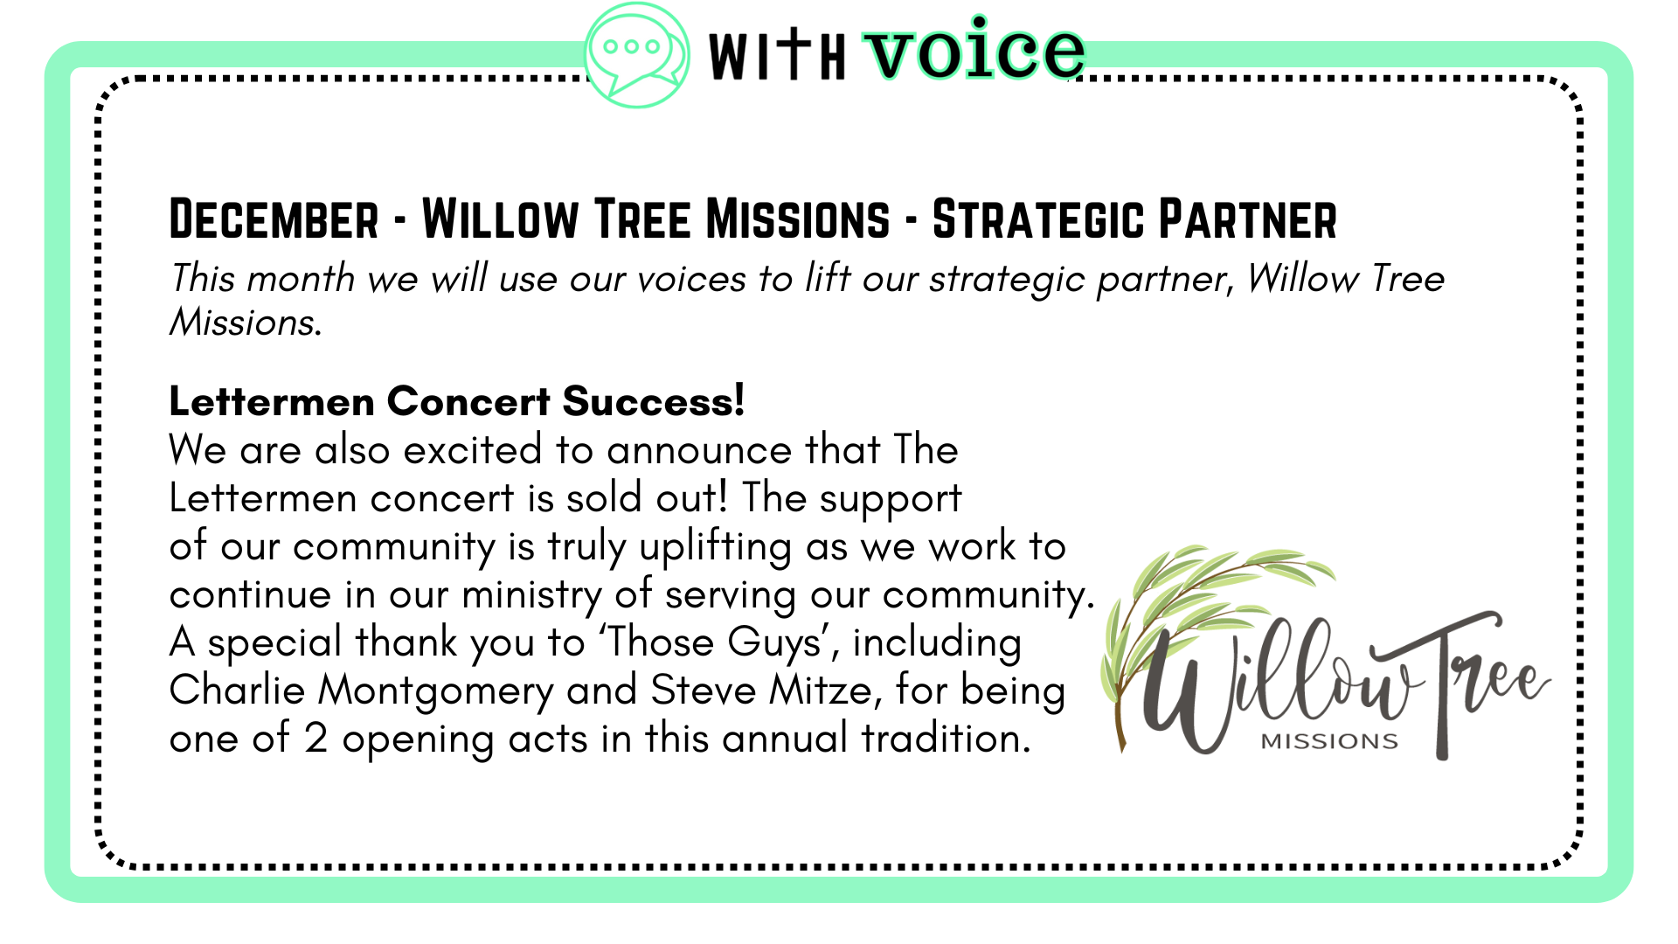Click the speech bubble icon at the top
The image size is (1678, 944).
click(x=636, y=54)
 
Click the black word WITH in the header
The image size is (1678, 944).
click(x=777, y=54)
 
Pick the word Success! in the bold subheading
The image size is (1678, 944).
click(x=654, y=401)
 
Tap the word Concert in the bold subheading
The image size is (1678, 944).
click(x=469, y=401)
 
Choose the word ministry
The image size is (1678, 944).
click(x=532, y=596)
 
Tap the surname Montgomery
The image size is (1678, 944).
click(x=435, y=691)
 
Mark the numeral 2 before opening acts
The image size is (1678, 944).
click(x=315, y=739)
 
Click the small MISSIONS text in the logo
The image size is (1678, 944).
click(x=1329, y=741)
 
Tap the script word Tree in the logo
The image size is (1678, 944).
click(x=1477, y=682)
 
